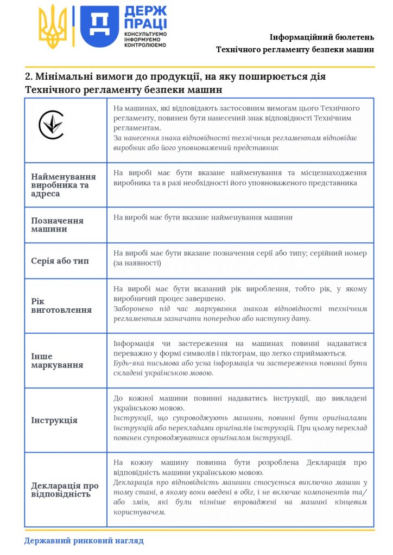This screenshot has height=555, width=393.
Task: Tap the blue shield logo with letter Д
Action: [x=99, y=27]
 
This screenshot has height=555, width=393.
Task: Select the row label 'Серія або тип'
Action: [x=60, y=261]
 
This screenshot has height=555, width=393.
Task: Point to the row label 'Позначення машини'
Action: [x=57, y=225]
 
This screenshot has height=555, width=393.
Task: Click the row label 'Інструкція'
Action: [x=54, y=420]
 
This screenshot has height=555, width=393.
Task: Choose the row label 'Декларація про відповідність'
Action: [x=65, y=490]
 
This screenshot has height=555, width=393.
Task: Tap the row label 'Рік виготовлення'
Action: [x=61, y=305]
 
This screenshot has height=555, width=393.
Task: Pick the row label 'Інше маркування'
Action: [x=57, y=360]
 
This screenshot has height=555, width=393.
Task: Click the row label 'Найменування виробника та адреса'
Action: [x=64, y=185]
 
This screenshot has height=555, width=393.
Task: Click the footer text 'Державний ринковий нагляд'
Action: [x=84, y=540]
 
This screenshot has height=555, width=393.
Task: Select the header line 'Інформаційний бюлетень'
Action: [x=322, y=37]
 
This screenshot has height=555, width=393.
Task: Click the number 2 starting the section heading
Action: [x=28, y=76]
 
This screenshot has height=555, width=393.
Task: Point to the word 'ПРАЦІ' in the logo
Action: [x=145, y=24]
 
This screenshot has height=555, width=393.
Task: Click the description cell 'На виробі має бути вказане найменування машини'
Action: [x=203, y=217]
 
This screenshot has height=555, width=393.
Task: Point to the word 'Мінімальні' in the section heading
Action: [x=66, y=76]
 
